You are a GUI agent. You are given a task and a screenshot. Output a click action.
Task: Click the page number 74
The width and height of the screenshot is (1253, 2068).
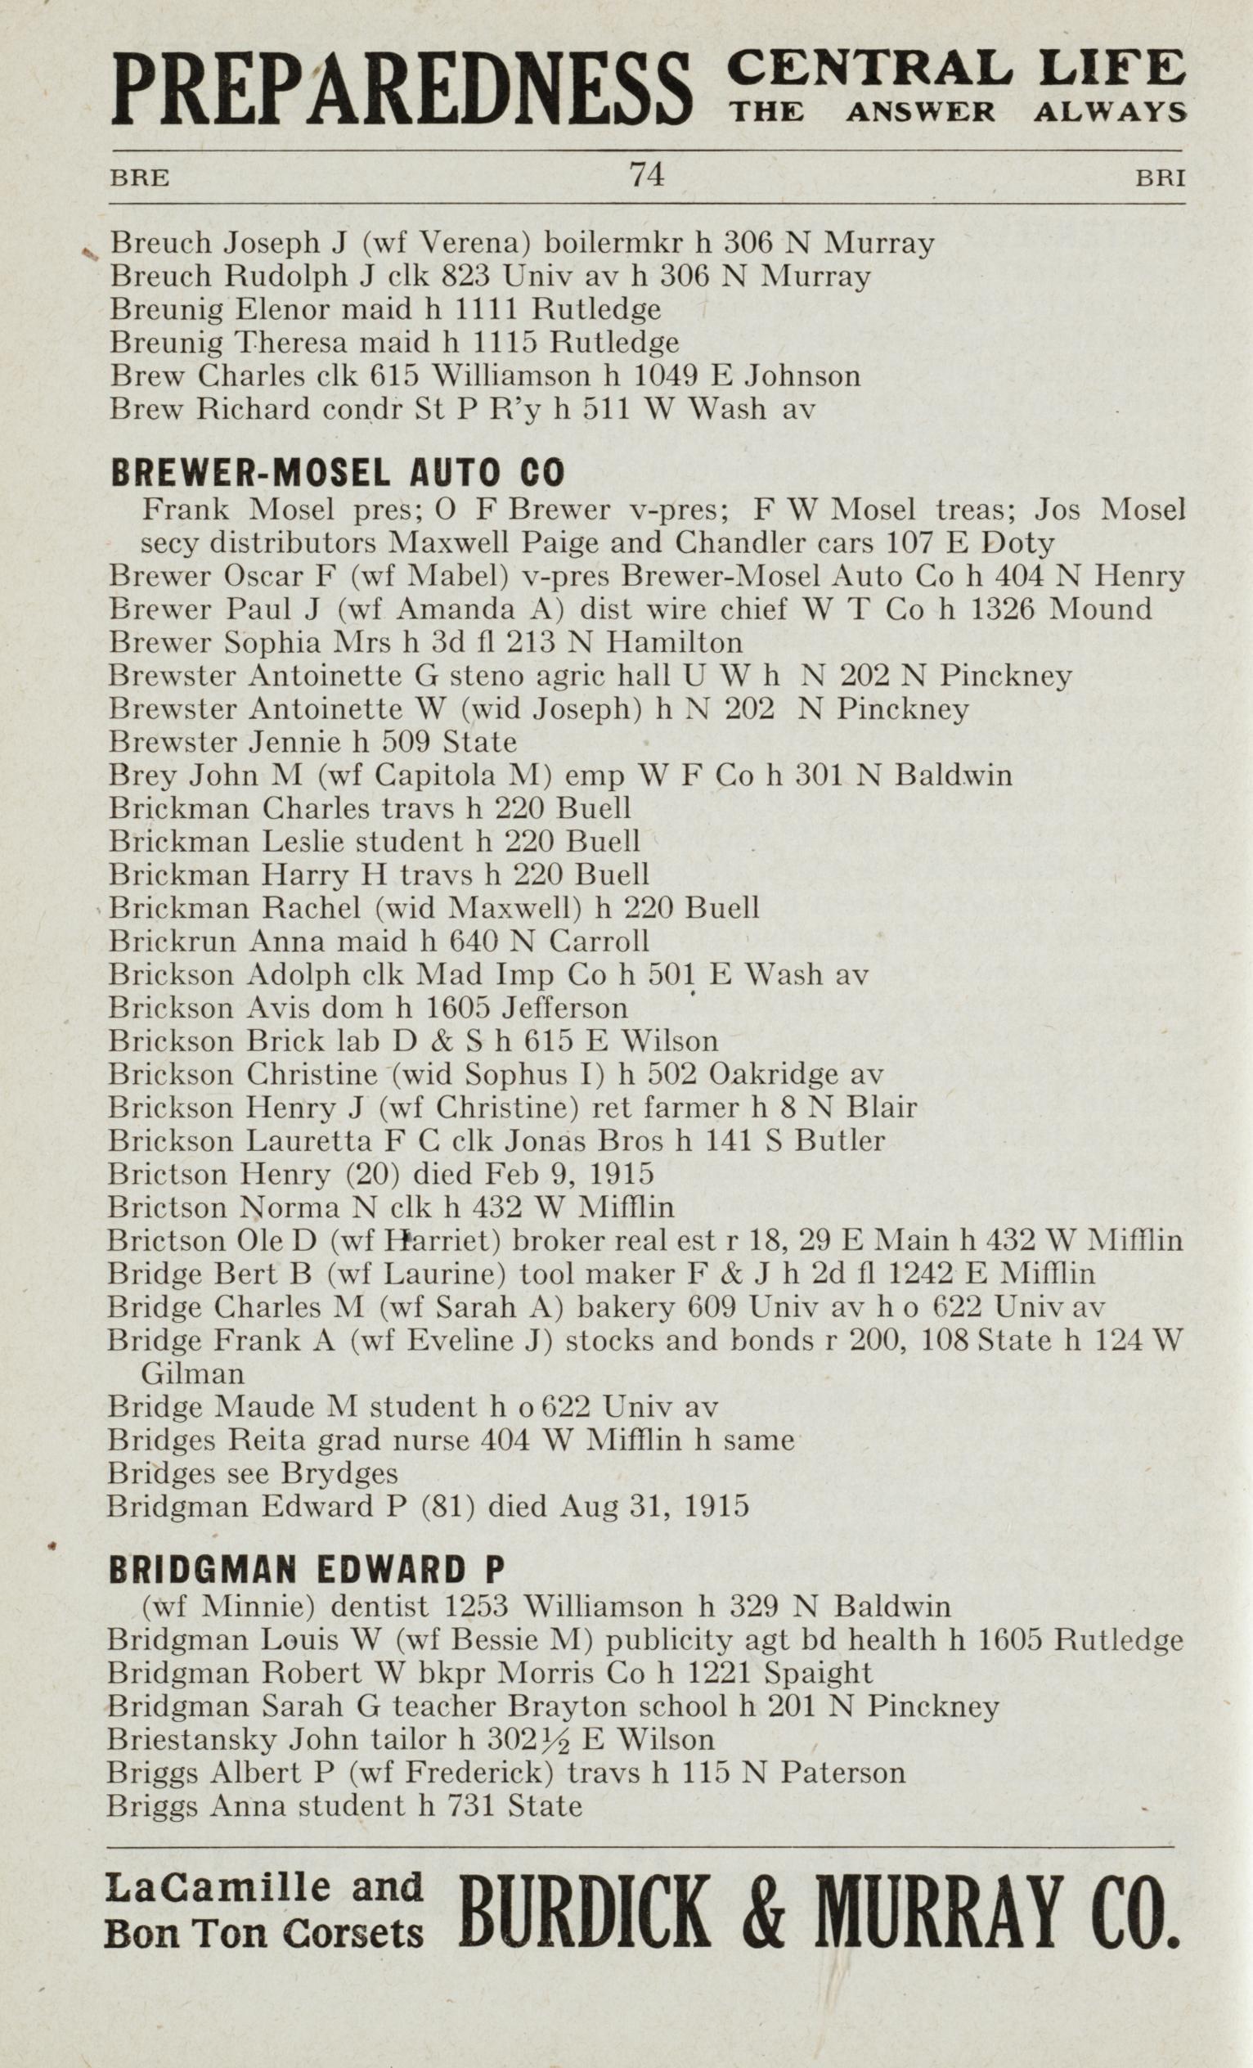(646, 175)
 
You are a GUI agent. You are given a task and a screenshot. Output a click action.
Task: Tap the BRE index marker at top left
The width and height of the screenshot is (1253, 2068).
(139, 178)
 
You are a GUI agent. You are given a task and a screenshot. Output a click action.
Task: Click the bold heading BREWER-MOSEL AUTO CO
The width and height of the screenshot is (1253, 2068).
(338, 474)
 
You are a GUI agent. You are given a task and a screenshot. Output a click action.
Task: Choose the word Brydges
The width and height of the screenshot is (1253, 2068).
(339, 1473)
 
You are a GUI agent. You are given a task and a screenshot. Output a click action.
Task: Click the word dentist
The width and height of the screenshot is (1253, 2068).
(380, 1607)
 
